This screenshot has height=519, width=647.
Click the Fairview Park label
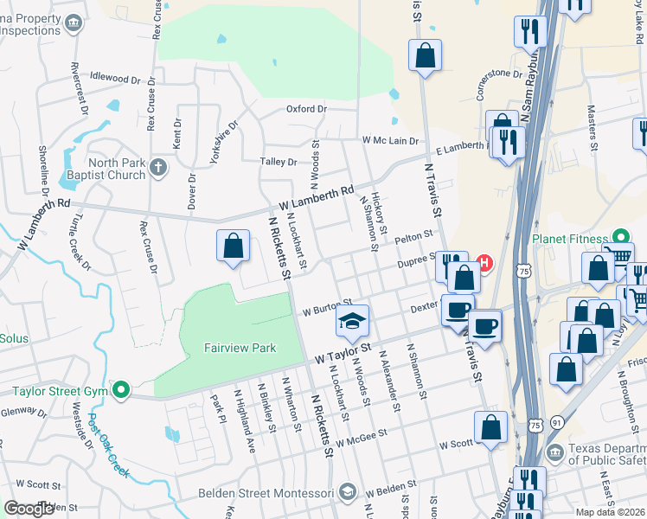(240, 348)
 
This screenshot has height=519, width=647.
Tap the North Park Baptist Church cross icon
(157, 167)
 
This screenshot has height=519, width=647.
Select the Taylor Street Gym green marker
(120, 390)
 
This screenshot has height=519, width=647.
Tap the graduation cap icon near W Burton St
(352, 323)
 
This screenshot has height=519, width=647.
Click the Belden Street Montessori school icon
(347, 492)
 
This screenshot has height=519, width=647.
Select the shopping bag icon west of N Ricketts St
(233, 247)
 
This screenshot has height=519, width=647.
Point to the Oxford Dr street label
(306, 109)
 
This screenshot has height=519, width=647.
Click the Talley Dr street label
(279, 162)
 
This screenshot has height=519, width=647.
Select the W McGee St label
(362, 441)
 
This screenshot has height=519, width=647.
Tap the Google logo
(29, 509)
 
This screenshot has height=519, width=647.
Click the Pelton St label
(413, 236)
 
